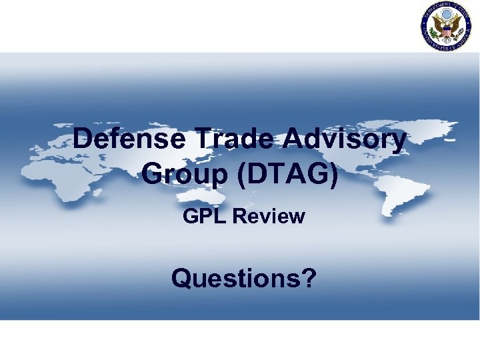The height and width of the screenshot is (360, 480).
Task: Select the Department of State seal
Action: point(445,27)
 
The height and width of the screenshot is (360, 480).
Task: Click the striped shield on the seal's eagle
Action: point(445,30)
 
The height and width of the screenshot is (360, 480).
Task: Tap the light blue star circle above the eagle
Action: point(445,15)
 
